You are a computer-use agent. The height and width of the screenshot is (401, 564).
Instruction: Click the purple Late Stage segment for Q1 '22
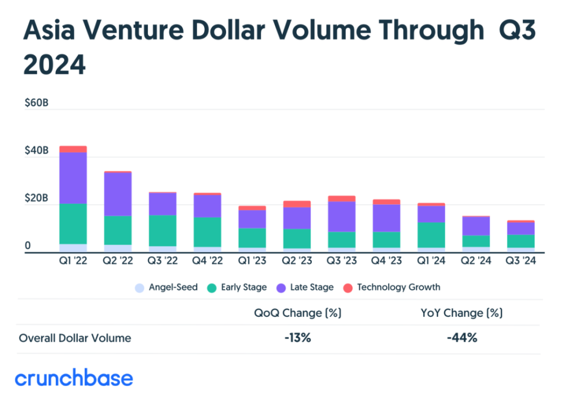pos(73,178)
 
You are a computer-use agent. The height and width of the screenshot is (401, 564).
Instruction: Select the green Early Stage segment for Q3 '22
pos(162,231)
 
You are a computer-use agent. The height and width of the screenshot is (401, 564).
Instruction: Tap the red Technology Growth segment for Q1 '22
pos(73,149)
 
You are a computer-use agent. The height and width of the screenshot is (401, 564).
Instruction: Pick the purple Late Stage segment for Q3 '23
pos(342,217)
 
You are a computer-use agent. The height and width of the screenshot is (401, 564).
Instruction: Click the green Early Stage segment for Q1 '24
pos(431,235)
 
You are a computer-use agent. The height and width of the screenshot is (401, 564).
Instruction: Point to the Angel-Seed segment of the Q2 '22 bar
pos(118,249)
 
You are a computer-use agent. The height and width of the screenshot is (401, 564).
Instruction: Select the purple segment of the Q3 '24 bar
pos(521,228)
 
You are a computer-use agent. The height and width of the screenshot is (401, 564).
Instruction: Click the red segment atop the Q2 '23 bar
pos(297,204)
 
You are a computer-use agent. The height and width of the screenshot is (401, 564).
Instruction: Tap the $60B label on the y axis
pos(36,103)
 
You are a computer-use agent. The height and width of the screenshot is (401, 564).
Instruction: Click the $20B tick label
pos(36,198)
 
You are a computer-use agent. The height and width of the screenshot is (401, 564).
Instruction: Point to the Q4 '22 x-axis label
pos(208,261)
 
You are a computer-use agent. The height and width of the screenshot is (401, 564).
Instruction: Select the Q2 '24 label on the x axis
pos(476,261)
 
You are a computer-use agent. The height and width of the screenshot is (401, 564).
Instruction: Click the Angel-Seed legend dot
pos(139,288)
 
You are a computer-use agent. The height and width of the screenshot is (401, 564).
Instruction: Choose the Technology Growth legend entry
pos(392,287)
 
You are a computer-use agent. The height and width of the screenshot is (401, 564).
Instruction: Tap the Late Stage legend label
pos(312,287)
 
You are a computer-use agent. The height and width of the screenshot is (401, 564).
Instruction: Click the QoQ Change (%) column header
pos(298,313)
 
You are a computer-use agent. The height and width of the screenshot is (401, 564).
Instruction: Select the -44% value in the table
pos(462,338)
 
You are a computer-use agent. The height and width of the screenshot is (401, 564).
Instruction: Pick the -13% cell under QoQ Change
pos(298,338)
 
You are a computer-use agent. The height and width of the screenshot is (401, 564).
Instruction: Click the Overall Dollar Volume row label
pos(75,338)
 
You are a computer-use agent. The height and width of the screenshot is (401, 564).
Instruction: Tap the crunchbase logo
pos(74,378)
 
